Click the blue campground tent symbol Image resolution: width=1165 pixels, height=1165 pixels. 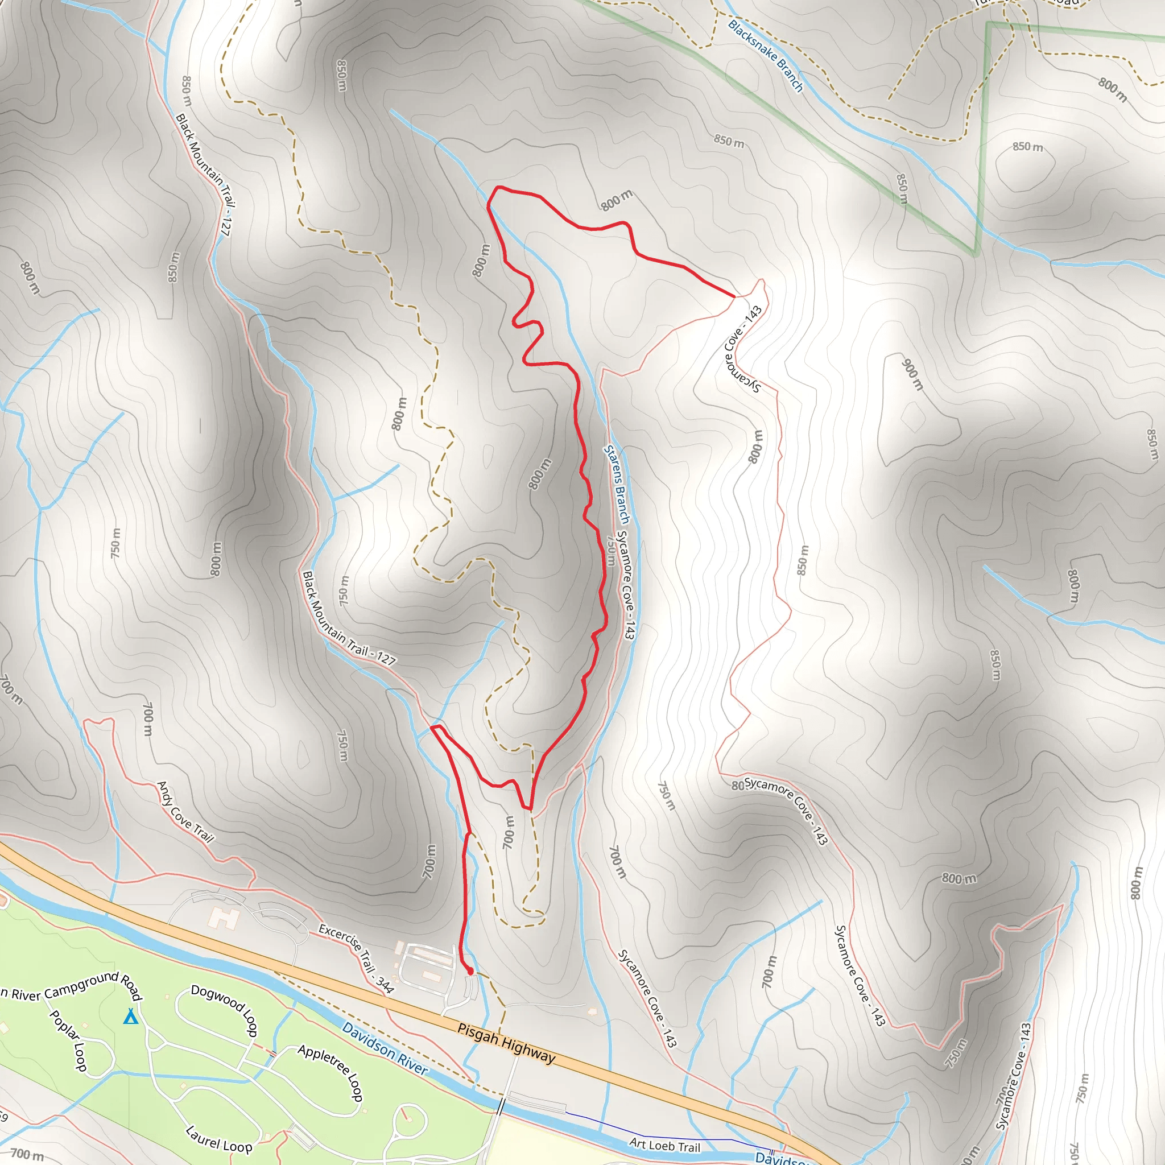click(x=130, y=1017)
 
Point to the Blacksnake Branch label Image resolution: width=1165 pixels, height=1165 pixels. click(x=765, y=56)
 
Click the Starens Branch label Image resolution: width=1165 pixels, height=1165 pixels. click(x=617, y=485)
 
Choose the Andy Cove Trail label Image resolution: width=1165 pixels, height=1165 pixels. click(x=185, y=812)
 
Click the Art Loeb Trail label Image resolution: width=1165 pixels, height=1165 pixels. click(x=664, y=1145)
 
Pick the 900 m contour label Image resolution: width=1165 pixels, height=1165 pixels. click(x=912, y=374)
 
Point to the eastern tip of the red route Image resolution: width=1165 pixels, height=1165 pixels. click(x=734, y=296)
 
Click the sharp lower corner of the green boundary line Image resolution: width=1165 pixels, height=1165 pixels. click(x=975, y=253)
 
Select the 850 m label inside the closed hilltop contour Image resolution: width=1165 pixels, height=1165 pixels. click(x=1027, y=147)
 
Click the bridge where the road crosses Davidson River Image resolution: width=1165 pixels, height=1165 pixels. click(x=501, y=1107)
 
